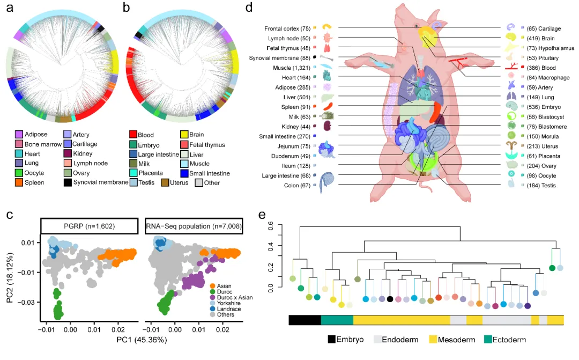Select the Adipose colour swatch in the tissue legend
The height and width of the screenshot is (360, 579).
19,134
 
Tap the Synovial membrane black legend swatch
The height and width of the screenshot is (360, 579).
68,183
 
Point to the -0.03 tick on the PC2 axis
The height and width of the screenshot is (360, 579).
28,302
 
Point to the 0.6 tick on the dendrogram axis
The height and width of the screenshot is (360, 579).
270,227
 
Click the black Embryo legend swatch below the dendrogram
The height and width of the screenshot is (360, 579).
332,339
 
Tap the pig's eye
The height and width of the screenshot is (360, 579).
417,26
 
